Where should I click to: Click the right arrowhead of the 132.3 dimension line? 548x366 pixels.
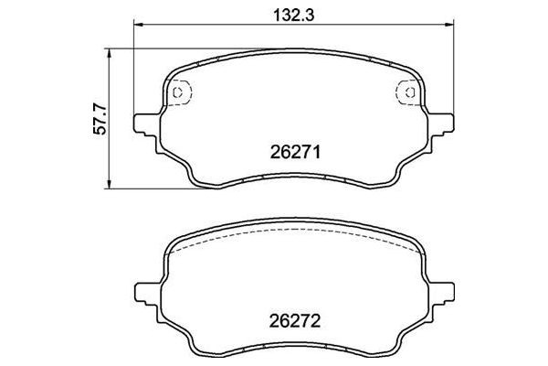click(x=449, y=25)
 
